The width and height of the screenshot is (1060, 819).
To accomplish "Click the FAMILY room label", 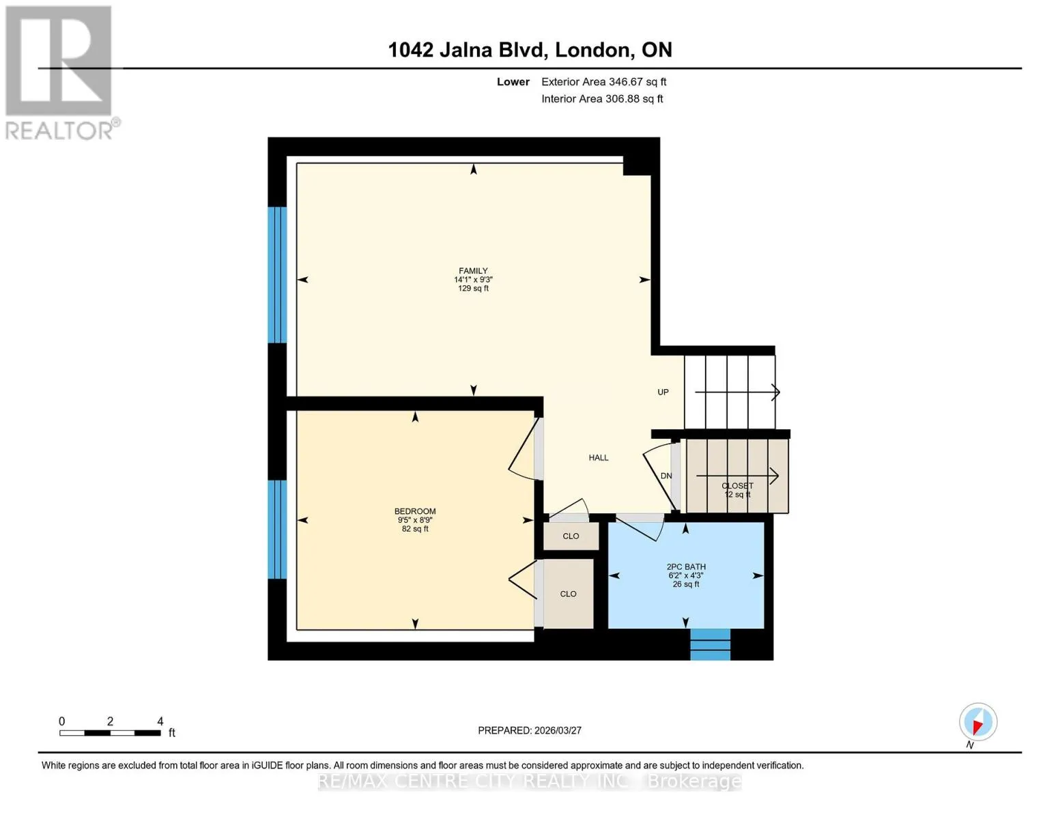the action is pos(473,271).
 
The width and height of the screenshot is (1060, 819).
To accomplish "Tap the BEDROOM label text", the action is pos(415,511).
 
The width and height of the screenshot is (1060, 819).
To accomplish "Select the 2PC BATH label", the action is pos(686,566).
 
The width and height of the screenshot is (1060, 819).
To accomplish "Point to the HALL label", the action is pos(599,457).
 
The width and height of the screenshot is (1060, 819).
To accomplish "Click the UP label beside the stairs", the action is pos(663,392).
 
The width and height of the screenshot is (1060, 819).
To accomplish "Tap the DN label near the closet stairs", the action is pos(666,476).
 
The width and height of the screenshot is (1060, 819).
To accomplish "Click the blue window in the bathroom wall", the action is pos(711,644).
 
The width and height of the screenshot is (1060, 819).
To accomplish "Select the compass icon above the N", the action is pos(978,722).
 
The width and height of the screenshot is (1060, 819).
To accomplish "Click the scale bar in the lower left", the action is pos(111,733).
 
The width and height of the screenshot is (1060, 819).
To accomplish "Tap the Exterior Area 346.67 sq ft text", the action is pos(603,82).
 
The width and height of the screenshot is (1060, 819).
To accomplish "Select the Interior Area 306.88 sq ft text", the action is pos(602,99).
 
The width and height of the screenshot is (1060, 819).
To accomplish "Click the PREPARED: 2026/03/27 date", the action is pos(530,731).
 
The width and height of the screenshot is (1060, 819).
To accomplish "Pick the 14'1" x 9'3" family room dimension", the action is pos(473,280).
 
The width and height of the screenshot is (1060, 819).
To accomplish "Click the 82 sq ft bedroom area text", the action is pos(415,529).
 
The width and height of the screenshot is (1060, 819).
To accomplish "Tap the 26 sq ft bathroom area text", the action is pos(686,584).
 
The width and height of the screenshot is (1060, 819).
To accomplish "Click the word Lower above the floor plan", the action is pos(513,82).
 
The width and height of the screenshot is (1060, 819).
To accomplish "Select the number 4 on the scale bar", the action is pos(160,721).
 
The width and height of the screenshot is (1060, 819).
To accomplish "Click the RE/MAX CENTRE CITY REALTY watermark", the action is pos(530,782).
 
